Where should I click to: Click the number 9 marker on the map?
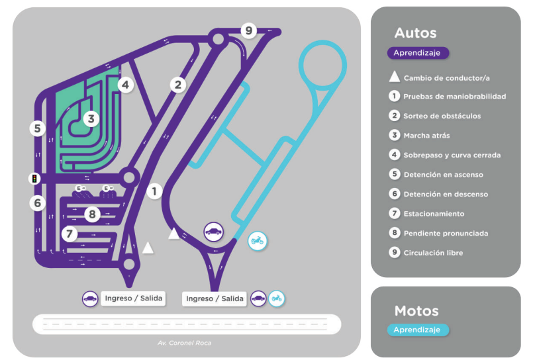point(248,30)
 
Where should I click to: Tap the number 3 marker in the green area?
point(91,119)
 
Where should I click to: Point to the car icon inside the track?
point(213,232)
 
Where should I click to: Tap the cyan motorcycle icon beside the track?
point(257,242)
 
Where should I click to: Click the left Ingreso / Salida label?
point(132,298)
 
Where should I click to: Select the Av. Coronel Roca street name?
point(184,343)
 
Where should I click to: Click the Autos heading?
point(415,33)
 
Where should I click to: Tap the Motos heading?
point(416,311)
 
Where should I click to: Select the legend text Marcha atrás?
point(426,136)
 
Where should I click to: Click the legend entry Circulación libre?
point(433,253)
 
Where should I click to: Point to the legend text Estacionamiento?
point(434,214)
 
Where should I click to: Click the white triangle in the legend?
point(395,77)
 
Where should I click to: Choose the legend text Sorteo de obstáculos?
point(442,116)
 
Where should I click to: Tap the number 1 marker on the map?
point(154,191)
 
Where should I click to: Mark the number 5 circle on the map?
point(38,128)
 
